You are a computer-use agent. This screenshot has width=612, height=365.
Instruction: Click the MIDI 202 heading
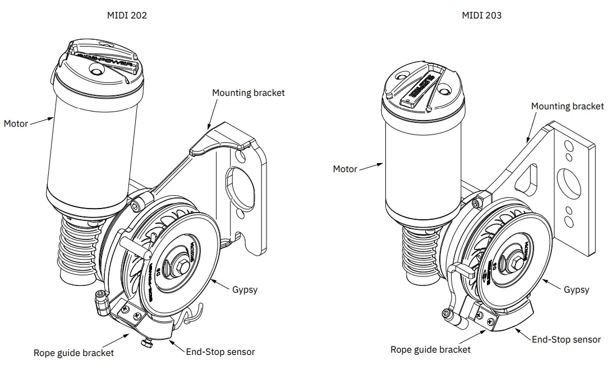[x=127, y=16]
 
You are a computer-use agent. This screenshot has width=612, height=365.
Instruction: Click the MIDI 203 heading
[x=481, y=16]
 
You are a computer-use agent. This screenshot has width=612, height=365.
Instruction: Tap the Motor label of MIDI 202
[x=16, y=123]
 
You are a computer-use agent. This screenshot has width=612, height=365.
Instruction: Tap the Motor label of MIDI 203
[x=345, y=169]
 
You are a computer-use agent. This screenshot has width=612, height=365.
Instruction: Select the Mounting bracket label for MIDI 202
[x=248, y=93]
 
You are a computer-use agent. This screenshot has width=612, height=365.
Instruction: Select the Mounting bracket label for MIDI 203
[x=567, y=106]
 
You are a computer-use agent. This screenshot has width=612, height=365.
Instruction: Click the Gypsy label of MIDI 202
[x=245, y=290]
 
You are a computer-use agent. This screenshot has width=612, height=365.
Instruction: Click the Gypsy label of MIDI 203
[x=576, y=290]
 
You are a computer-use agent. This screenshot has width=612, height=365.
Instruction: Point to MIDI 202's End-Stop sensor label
[x=220, y=352]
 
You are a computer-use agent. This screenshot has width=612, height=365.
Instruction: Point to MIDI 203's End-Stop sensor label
[x=566, y=339]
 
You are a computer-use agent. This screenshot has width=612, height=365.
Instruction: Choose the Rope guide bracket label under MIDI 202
[x=73, y=353]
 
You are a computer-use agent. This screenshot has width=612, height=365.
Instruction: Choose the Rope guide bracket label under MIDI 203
[x=430, y=349]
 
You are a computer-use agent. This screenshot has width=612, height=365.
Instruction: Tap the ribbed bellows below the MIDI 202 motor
[x=78, y=247]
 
